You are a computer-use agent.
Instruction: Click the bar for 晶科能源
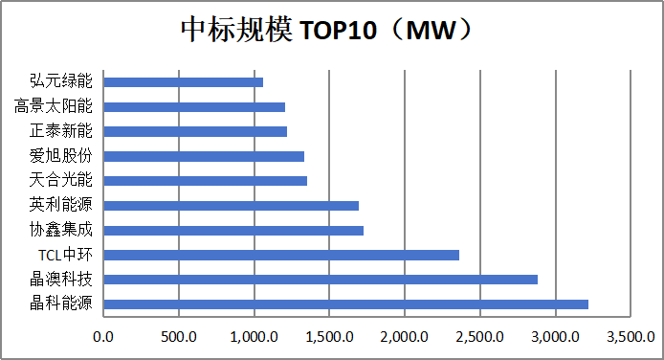pyautogui.click(x=346, y=304)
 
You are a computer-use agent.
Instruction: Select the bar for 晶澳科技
pyautogui.click(x=321, y=280)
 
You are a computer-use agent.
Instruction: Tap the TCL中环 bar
pyautogui.click(x=281, y=255)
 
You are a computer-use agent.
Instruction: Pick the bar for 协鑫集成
pyautogui.click(x=233, y=231)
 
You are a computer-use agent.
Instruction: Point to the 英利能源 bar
pyautogui.click(x=232, y=206)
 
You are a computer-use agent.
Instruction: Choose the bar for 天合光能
pyautogui.click(x=206, y=181)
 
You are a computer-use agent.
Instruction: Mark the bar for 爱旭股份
pyautogui.click(x=204, y=156)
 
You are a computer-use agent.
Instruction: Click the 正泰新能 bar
pyautogui.click(x=195, y=131)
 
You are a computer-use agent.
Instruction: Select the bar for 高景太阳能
pyautogui.click(x=194, y=106)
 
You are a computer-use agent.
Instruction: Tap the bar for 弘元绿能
pyautogui.click(x=184, y=82)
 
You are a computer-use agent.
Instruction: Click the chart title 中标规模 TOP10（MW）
pyautogui.click(x=326, y=30)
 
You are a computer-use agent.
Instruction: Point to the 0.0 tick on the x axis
pyautogui.click(x=103, y=337)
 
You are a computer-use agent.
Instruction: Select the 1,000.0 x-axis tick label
pyautogui.click(x=255, y=337)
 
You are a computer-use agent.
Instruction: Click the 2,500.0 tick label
pyautogui.click(x=479, y=337)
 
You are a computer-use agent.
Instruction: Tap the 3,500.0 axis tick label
pyautogui.click(x=631, y=337)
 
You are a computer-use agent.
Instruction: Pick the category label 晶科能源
pyautogui.click(x=61, y=304)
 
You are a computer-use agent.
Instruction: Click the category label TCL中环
pyautogui.click(x=65, y=255)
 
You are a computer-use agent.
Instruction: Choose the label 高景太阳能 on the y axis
pyautogui.click(x=54, y=106)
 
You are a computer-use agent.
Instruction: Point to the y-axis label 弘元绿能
pyautogui.click(x=61, y=80)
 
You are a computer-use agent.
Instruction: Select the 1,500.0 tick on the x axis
pyautogui.click(x=329, y=337)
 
